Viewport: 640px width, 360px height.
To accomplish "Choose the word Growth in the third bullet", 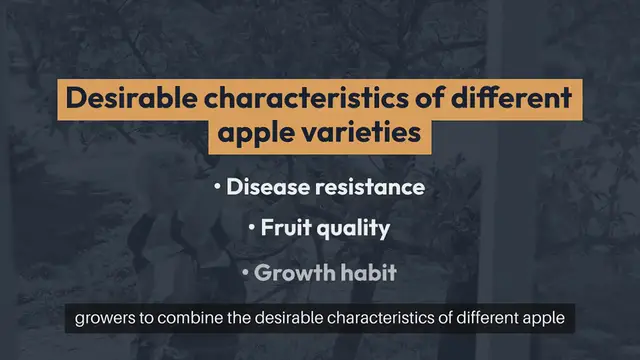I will point(291,272).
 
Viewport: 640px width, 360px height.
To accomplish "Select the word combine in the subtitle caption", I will point(194,320).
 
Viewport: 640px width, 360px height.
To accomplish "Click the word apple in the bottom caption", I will point(544,321).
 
